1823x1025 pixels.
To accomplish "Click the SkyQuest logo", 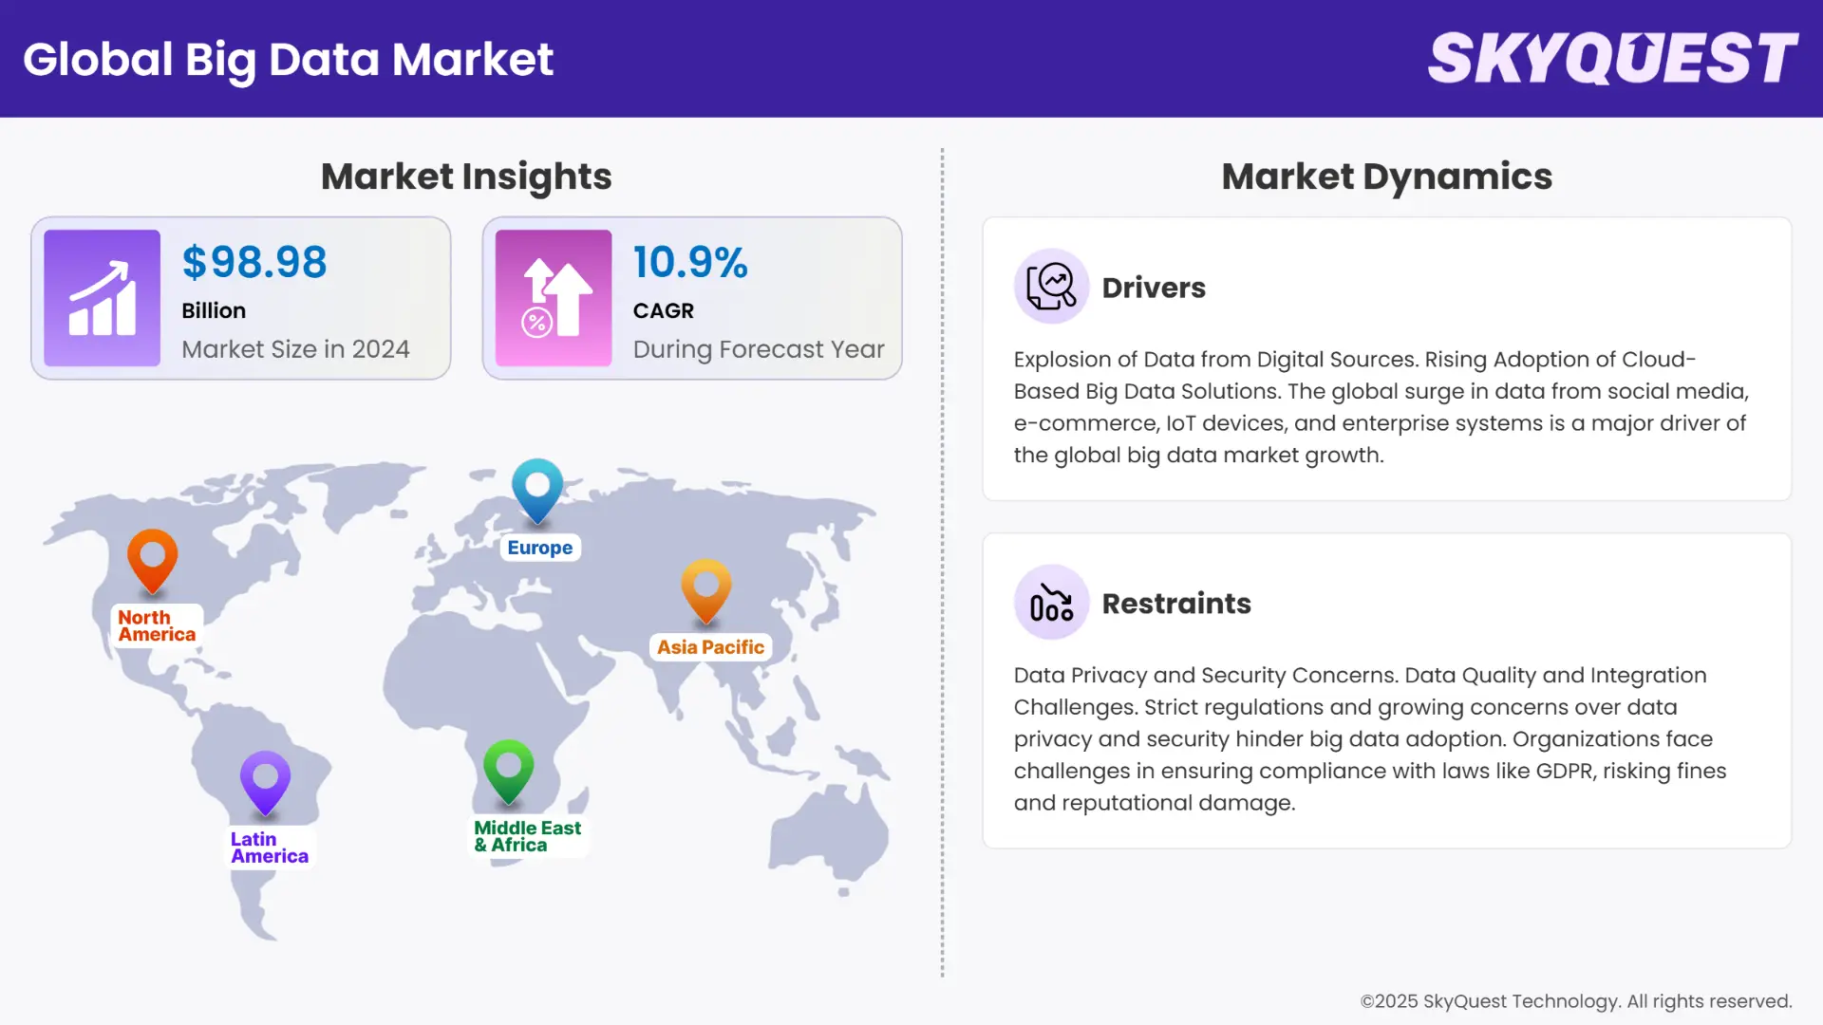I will point(1612,59).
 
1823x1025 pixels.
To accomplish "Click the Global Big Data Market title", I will point(288,59).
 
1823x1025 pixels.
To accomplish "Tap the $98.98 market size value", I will point(254,263).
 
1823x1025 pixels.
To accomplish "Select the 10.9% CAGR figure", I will point(690,263).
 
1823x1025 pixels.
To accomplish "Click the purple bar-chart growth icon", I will point(102,298).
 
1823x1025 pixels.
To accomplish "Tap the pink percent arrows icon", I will point(554,298).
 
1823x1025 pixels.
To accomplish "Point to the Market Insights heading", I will point(466,177).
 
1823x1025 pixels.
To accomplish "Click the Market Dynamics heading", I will point(1386,177).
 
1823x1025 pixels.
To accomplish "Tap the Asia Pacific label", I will point(710,647).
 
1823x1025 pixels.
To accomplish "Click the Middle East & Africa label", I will point(528,836).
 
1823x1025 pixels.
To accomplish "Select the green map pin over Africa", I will point(508,768).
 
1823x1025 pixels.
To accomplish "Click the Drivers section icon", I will point(1051,286).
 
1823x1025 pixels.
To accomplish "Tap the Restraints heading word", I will point(1176,604).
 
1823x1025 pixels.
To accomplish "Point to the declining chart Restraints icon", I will point(1051,602).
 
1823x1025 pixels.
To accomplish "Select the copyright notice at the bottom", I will point(1575,1001).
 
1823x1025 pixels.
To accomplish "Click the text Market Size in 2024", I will point(295,349).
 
